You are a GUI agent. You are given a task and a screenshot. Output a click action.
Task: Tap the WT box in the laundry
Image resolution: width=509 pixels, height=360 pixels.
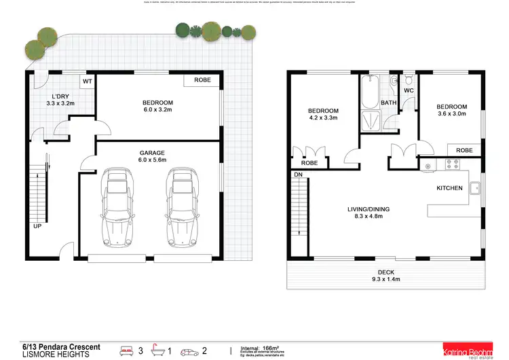point(87,82)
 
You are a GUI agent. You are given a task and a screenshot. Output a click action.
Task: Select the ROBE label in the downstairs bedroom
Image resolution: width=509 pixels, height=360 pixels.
point(202,80)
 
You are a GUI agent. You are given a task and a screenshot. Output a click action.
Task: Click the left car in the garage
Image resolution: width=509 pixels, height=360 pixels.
point(116,209)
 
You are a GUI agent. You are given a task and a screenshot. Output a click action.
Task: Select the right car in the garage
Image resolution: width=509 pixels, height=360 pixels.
point(181,209)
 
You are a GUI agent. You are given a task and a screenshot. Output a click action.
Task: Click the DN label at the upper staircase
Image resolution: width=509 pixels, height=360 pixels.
point(298,175)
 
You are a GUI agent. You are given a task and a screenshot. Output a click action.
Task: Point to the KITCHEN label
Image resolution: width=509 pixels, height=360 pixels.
point(449,187)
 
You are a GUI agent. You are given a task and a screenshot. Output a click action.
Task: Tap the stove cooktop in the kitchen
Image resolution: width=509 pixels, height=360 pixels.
point(452,164)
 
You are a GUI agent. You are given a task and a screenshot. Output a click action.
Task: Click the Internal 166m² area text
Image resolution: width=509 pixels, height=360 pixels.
point(261,347)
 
